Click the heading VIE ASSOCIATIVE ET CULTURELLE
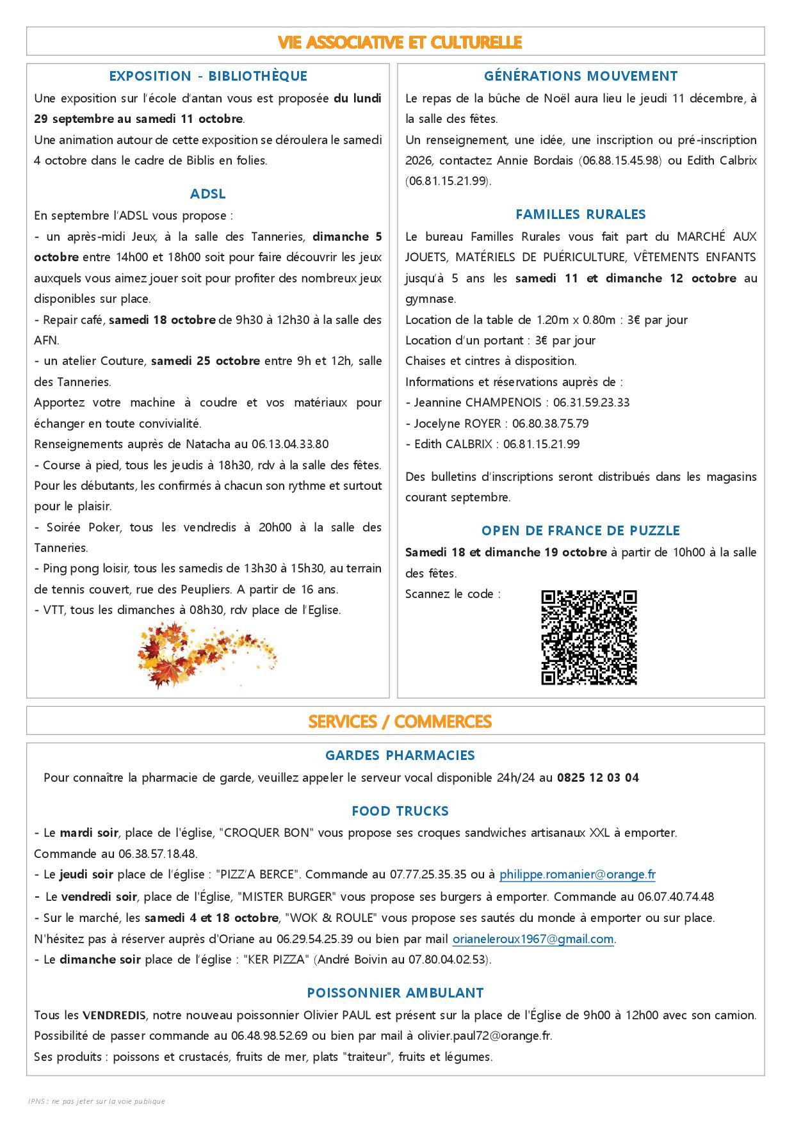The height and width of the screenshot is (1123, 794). (x=400, y=42)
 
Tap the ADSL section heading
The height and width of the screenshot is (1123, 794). (x=208, y=193)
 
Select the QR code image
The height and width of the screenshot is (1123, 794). (x=589, y=637)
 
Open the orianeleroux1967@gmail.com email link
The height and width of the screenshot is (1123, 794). (x=533, y=939)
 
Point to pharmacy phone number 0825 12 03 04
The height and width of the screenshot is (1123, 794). (x=597, y=778)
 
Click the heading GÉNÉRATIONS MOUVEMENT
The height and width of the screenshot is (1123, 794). (x=581, y=76)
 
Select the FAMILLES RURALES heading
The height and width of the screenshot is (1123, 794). (x=581, y=214)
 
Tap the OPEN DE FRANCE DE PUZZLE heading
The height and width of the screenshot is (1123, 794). (x=581, y=531)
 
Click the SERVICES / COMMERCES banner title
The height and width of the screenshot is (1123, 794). (x=400, y=722)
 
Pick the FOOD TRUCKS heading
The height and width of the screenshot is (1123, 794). (x=400, y=811)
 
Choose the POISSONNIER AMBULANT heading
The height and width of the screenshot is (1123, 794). (x=395, y=993)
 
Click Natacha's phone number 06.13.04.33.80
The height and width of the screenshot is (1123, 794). (x=290, y=444)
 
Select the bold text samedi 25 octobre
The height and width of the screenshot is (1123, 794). (x=206, y=361)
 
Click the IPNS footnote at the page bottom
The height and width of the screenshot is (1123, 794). (x=97, y=1101)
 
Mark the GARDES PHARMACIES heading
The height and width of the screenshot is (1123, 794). (x=400, y=755)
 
